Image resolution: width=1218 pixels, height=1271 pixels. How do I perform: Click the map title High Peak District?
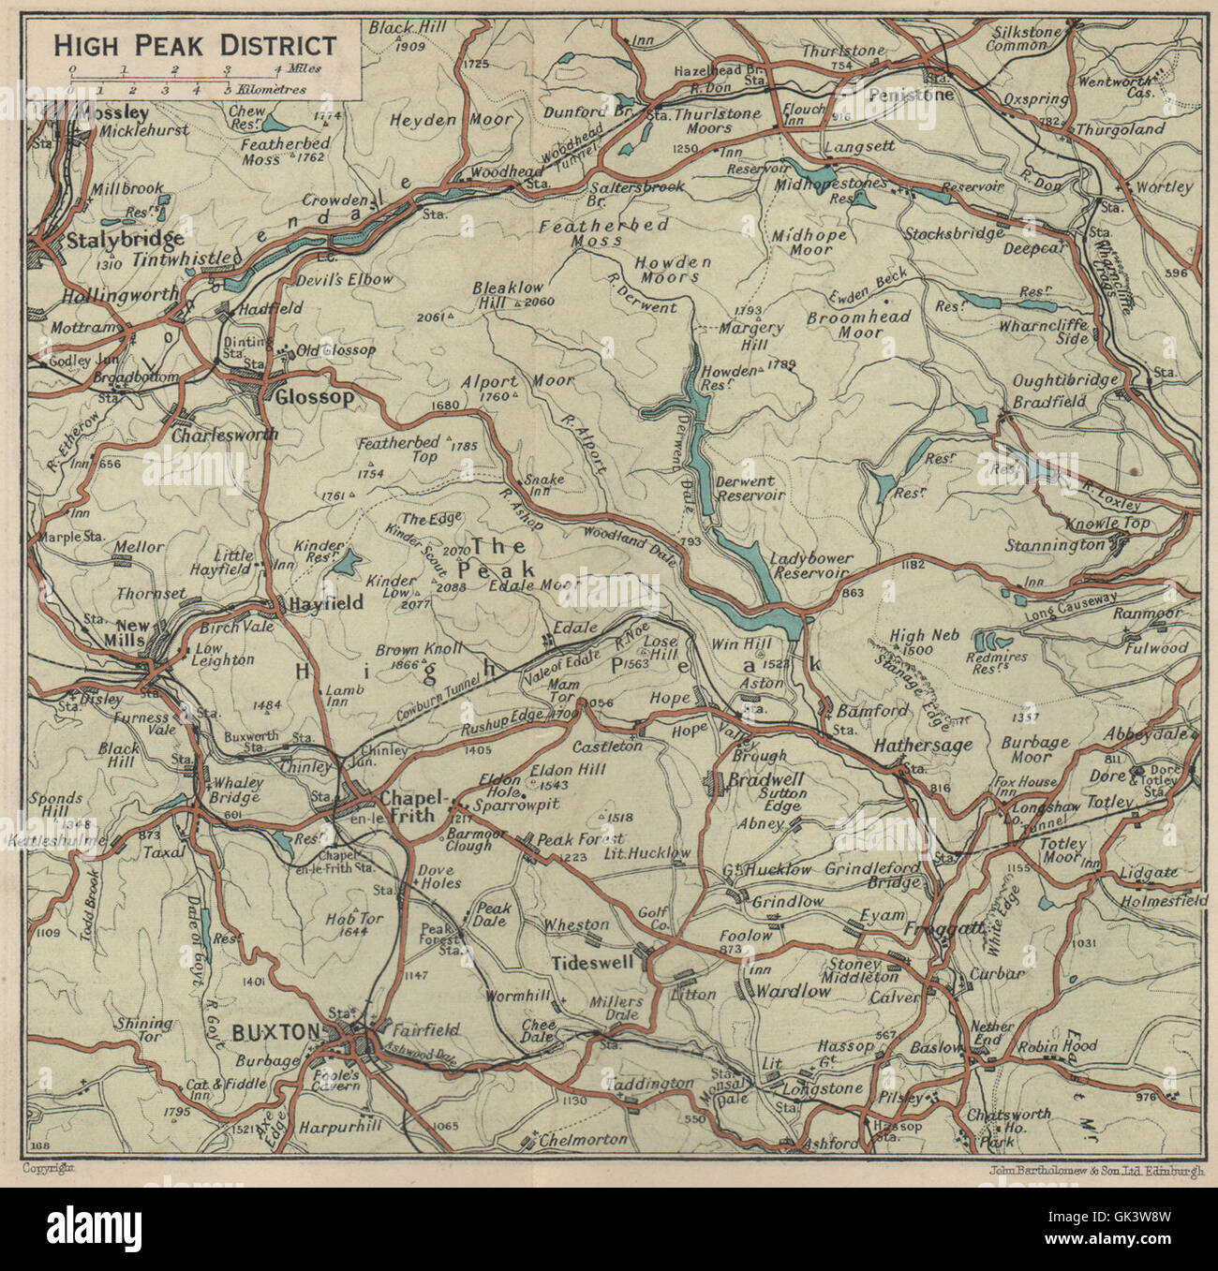(194, 45)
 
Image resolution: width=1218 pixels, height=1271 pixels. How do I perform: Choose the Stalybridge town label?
(125, 241)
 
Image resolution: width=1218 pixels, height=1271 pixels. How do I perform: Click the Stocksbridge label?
(946, 232)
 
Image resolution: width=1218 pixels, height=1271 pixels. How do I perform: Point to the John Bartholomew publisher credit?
(1094, 1168)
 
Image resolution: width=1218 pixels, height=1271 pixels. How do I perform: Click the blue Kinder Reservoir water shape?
(347, 564)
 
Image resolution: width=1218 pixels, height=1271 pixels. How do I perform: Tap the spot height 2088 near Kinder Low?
(452, 586)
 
